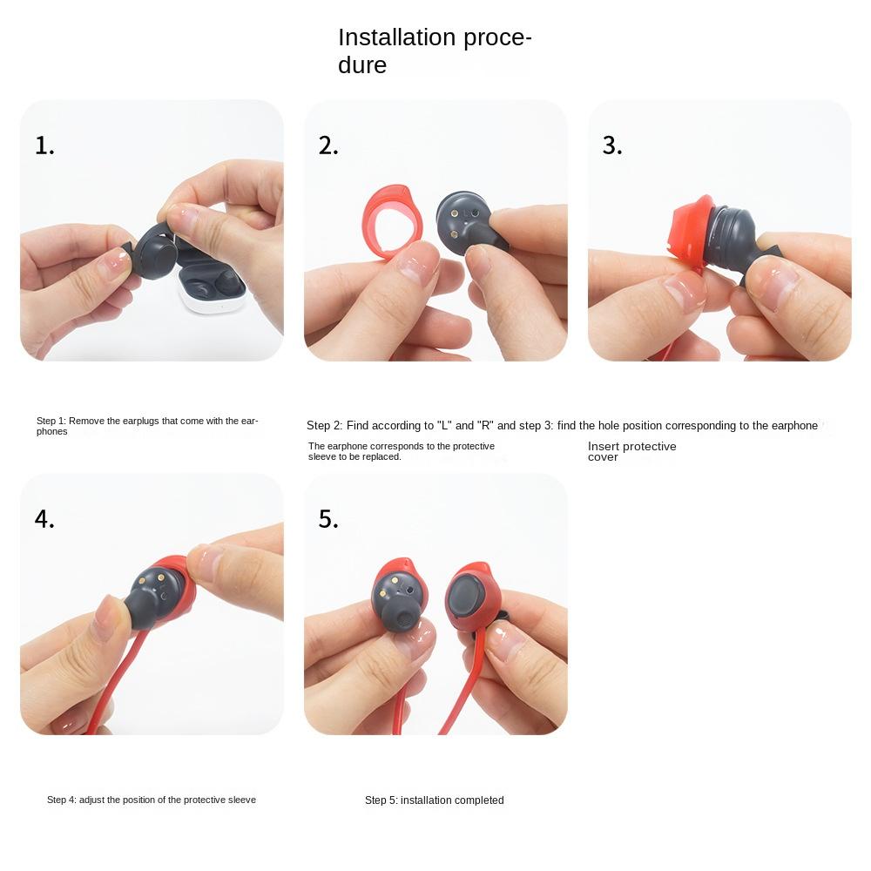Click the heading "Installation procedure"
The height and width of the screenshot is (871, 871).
pos(434,51)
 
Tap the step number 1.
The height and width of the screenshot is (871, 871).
pos(44,145)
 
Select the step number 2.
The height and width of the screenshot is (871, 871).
pos(328,145)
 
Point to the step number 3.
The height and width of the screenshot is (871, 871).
pos(612,145)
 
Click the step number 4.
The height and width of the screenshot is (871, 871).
pos(44,519)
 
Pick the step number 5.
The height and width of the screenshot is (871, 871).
pos(328,519)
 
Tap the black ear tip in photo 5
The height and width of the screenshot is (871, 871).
pos(402,621)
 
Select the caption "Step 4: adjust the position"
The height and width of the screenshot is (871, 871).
pos(152,800)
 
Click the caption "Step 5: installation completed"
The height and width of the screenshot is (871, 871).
pos(434,800)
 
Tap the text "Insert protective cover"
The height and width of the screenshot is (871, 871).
pos(631,451)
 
